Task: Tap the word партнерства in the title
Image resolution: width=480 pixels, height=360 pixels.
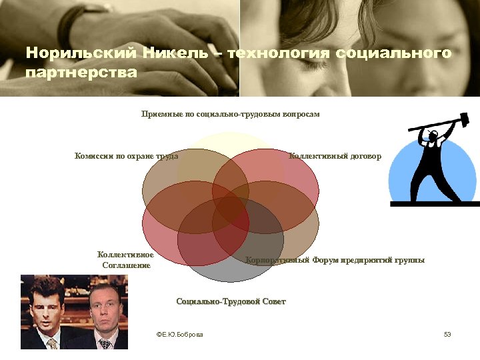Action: tap(80, 71)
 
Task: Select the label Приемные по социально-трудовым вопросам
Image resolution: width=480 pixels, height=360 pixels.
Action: tap(231, 115)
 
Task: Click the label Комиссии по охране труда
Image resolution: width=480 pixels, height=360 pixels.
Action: tap(126, 157)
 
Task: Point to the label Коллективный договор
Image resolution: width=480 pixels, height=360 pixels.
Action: tap(335, 157)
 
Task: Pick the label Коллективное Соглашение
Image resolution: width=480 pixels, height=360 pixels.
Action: tap(126, 260)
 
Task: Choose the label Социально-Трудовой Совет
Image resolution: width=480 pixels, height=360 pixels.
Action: tap(231, 302)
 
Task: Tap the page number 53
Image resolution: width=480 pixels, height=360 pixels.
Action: tap(447, 334)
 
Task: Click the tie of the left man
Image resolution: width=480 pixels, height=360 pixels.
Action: tap(52, 343)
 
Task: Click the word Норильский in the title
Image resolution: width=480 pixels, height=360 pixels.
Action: tap(79, 53)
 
